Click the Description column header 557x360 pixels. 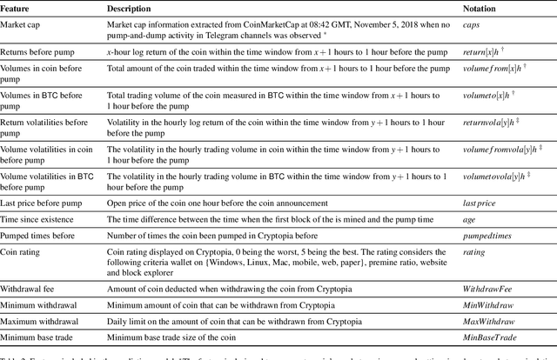(128, 8)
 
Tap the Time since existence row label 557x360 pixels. (42, 219)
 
